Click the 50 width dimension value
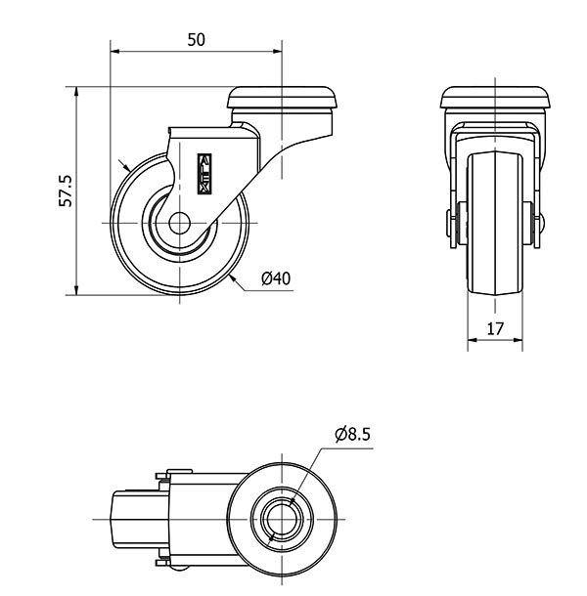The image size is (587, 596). click(196, 40)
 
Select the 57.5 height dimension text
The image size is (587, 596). click(66, 191)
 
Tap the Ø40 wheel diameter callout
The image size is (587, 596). click(276, 278)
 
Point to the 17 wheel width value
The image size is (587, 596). click(495, 329)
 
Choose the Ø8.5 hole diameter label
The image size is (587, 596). click(352, 435)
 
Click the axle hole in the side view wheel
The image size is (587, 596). click(179, 223)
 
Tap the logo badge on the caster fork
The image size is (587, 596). click(204, 174)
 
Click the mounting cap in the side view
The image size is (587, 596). click(282, 98)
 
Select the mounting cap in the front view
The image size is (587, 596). click(495, 98)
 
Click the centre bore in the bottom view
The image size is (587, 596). click(282, 519)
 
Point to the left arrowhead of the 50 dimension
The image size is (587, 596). click(115, 52)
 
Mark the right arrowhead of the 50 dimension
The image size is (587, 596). click(277, 52)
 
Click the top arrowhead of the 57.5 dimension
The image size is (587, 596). click(76, 92)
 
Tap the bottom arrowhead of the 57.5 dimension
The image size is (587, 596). click(76, 289)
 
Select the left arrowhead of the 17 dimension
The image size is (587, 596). click(473, 340)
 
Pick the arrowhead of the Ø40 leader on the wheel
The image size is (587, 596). click(234, 279)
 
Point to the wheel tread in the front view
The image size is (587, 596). click(495, 223)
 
